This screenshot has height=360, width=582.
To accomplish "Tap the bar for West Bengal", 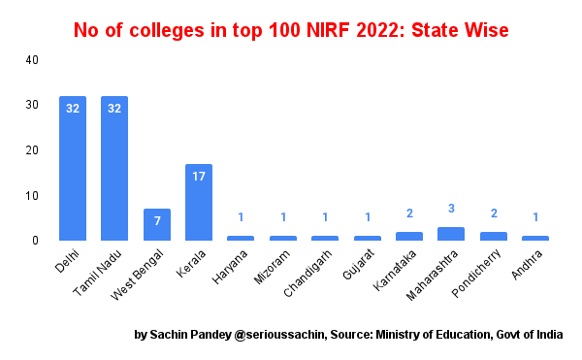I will (x=156, y=224).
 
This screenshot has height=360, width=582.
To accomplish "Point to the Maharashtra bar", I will (x=451, y=234).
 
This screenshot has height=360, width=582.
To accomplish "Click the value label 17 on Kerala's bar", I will (x=199, y=176).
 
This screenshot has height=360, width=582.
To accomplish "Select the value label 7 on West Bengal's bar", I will (x=156, y=220).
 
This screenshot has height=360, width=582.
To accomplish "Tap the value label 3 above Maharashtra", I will (x=451, y=209).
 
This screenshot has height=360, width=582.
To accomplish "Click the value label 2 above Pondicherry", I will (x=493, y=213).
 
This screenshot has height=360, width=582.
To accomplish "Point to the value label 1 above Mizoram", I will (x=282, y=217).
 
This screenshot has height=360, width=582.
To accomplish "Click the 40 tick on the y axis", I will (x=32, y=60).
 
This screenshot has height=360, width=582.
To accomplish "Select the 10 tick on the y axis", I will (x=32, y=195).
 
